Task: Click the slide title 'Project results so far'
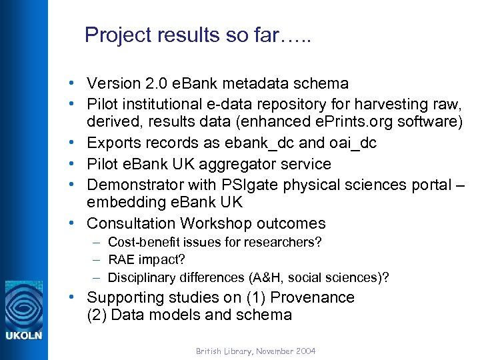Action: (x=198, y=35)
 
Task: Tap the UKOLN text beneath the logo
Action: (x=23, y=335)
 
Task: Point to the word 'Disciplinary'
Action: (x=142, y=277)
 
